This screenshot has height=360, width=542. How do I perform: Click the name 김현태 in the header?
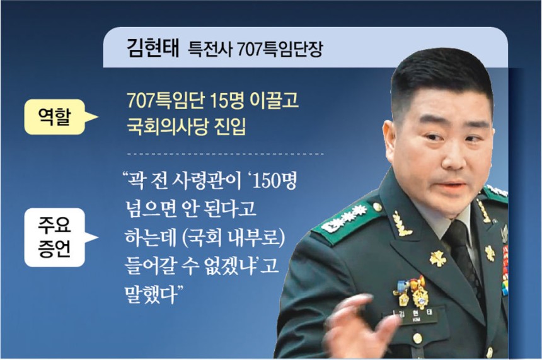tap(153, 48)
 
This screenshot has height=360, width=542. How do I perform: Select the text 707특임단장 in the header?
tap(280, 49)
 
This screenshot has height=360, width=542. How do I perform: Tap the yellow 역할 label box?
tap(55, 117)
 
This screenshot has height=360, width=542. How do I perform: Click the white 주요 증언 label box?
tap(55, 237)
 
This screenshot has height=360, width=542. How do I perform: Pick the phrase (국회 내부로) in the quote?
tap(233, 238)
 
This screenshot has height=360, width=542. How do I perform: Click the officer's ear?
tap(390, 137)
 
